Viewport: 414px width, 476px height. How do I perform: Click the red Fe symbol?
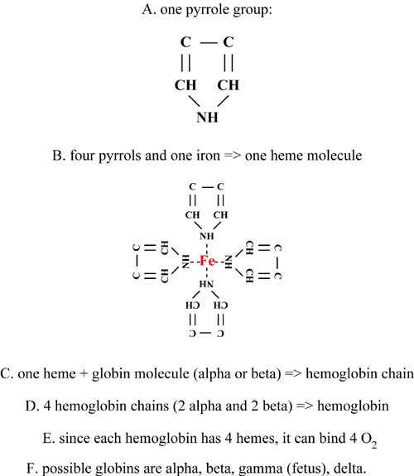tap(208, 261)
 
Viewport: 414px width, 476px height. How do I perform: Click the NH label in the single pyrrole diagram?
tap(208, 118)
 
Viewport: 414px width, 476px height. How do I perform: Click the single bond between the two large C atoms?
tap(209, 42)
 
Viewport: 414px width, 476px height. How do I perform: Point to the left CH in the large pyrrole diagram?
tap(185, 85)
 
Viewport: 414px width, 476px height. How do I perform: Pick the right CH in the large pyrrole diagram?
tap(229, 85)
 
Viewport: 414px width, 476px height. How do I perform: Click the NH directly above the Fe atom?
tap(207, 236)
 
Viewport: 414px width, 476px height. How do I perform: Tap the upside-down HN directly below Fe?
tap(206, 284)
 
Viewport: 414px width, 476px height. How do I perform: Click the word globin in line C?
tap(111, 373)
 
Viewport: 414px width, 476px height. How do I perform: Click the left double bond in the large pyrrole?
tap(185, 63)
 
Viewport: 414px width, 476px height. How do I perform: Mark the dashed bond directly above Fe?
tap(207, 248)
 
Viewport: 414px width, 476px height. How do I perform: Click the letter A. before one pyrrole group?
tap(149, 10)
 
